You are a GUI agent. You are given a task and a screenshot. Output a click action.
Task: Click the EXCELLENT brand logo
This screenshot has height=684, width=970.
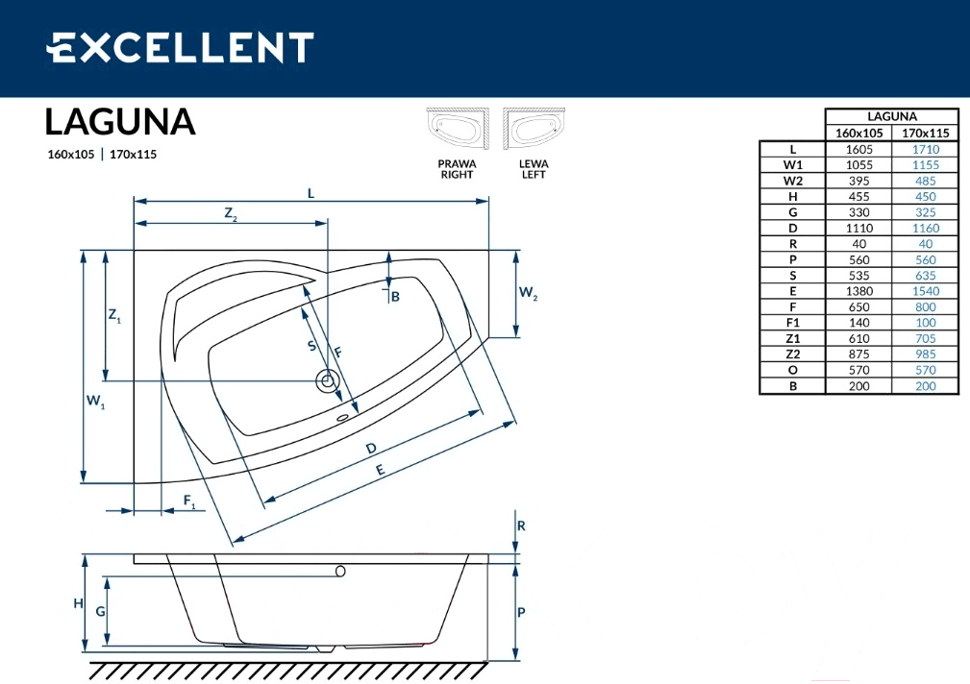tap(180, 48)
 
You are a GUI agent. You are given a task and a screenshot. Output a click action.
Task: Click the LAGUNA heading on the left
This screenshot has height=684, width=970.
tap(120, 122)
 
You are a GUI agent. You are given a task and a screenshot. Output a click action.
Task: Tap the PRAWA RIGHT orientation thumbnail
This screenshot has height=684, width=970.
tap(458, 128)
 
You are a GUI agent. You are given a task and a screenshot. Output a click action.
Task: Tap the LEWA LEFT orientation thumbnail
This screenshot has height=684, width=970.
tap(534, 128)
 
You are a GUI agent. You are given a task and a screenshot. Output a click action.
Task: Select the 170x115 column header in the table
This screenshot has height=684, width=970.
tap(925, 133)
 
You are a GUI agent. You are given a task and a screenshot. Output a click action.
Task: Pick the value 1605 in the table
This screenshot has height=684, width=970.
tap(858, 149)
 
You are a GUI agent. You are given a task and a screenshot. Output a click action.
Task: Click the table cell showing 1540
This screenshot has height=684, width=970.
tap(925, 291)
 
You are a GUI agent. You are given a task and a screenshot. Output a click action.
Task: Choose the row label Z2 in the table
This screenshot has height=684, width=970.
tap(792, 354)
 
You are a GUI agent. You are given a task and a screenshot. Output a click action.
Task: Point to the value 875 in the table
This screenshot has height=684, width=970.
tap(858, 354)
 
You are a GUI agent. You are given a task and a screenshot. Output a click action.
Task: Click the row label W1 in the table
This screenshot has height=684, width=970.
tap(792, 165)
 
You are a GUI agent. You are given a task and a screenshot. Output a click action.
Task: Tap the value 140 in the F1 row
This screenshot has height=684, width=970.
tap(858, 323)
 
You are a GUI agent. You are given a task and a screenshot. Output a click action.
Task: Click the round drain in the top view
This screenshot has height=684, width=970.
tap(326, 381)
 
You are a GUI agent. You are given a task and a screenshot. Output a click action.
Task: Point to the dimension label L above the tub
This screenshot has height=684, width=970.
tap(311, 193)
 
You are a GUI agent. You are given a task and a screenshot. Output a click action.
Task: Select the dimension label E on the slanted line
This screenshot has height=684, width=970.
tap(380, 470)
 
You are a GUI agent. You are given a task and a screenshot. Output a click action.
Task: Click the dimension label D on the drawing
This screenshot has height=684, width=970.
tap(370, 449)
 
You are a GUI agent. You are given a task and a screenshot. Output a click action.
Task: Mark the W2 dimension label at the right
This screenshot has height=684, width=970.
tap(528, 292)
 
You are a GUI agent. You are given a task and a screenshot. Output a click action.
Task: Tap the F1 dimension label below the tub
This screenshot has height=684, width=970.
tap(189, 501)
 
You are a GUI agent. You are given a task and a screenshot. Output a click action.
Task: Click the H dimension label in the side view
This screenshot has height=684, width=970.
tap(78, 603)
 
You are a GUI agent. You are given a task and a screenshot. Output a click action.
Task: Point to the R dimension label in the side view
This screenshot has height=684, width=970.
tap(521, 526)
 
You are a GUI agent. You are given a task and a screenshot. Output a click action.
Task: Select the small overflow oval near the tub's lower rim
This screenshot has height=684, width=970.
tap(342, 418)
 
